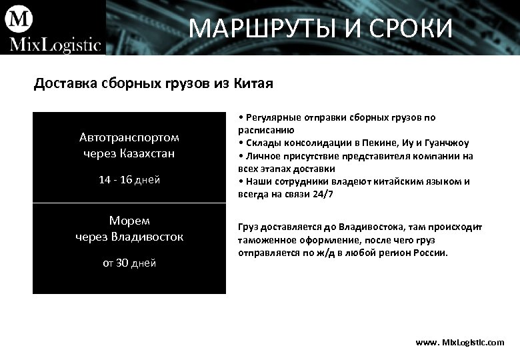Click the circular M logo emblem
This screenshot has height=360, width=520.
[x=19, y=18]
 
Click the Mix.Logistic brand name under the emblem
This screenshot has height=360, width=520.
[x=54, y=45]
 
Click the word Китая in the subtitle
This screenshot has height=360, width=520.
[x=253, y=84]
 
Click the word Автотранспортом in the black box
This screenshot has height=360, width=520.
[x=129, y=137]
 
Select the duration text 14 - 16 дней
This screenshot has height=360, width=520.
[x=129, y=179]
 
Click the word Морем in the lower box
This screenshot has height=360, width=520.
[x=129, y=220]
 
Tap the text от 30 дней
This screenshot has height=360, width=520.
[x=129, y=263]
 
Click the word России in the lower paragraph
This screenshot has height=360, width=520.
[x=431, y=253]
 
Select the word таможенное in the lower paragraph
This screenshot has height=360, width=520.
[x=267, y=240]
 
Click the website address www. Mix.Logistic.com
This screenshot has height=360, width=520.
[x=460, y=342]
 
